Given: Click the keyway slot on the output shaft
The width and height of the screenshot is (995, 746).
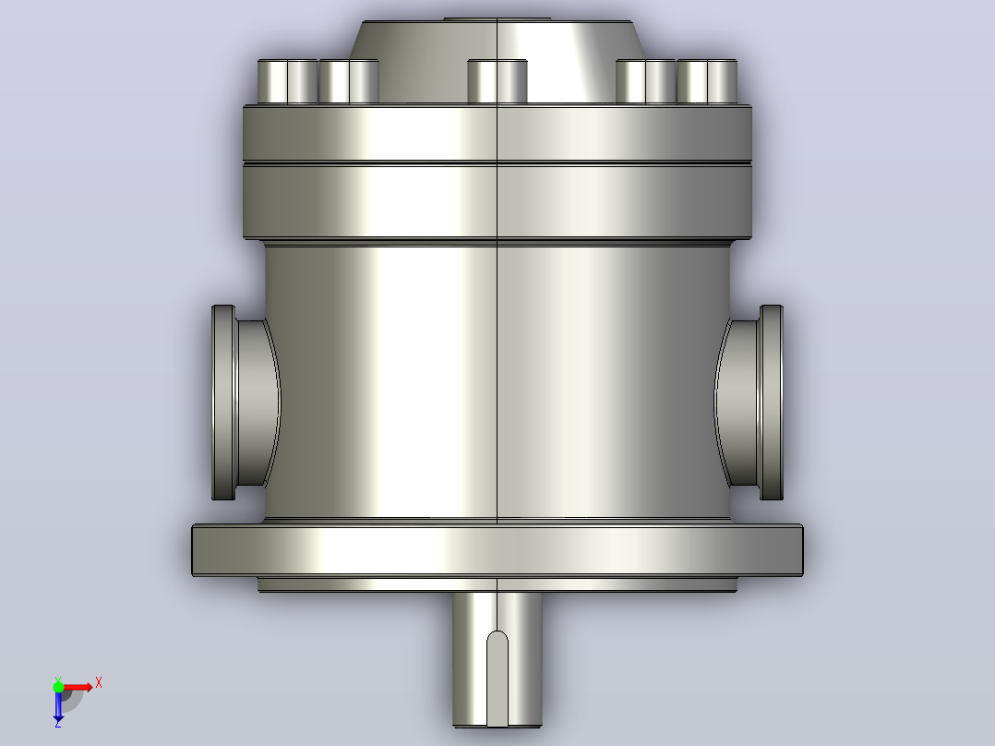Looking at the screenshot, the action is [497, 678].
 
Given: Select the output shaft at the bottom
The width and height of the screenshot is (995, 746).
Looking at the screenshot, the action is [497, 659].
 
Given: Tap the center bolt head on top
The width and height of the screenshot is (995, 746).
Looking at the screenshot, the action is [497, 81].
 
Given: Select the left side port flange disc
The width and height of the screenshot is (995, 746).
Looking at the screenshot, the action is [223, 403].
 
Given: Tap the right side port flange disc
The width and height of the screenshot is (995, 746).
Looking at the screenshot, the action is [771, 403].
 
